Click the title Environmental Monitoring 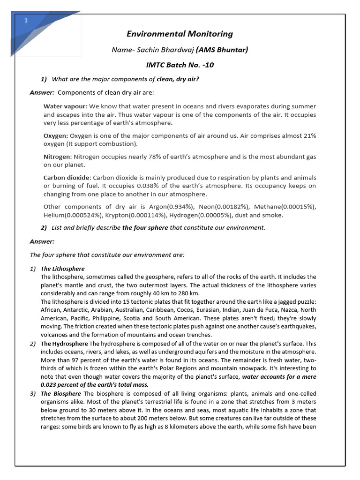[x=180, y=34]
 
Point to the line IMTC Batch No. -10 [x=180, y=65]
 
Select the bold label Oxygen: [x=56, y=135]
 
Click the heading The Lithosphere [x=62, y=269]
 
